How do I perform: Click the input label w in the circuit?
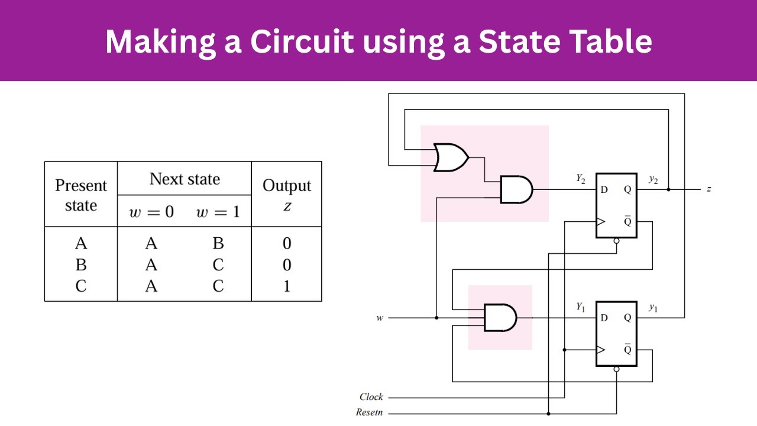(x=380, y=318)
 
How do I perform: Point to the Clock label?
(x=371, y=397)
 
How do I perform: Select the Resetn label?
(x=369, y=412)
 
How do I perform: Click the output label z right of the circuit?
(x=709, y=189)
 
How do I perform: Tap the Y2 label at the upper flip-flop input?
(x=581, y=178)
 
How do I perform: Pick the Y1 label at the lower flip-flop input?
(x=581, y=306)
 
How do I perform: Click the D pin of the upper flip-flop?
(x=604, y=190)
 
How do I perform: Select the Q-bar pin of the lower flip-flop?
(x=627, y=350)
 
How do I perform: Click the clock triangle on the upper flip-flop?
(x=601, y=222)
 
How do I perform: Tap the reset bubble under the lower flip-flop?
(x=616, y=369)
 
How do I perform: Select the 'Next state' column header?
(x=185, y=179)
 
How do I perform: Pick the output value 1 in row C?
(x=287, y=286)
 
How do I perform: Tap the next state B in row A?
(x=218, y=243)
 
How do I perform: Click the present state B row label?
(x=81, y=265)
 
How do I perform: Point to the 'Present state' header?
(x=81, y=195)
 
